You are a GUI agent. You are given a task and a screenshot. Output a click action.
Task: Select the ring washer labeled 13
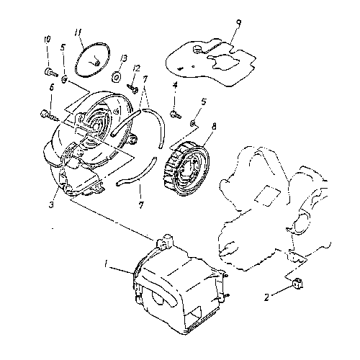click(x=116, y=76)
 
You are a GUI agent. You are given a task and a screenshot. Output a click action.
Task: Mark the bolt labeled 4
click(x=174, y=111)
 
